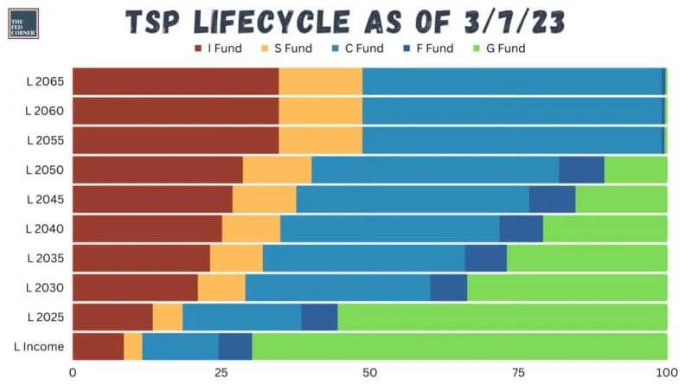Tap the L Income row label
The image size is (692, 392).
(39, 347)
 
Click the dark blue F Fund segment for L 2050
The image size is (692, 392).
(581, 170)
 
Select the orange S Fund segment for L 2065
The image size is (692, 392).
(320, 81)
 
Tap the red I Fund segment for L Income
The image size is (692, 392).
(98, 347)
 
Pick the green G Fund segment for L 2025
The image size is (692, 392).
(502, 318)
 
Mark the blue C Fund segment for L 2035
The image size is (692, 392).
(363, 258)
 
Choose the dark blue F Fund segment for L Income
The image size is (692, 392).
(234, 347)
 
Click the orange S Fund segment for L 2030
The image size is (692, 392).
(221, 287)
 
